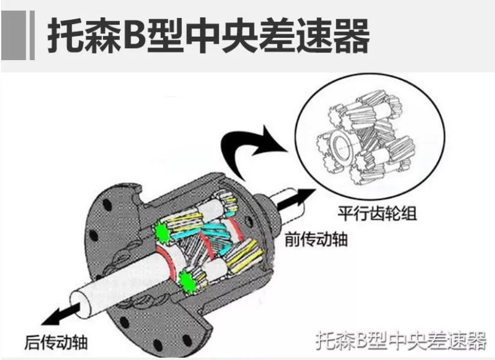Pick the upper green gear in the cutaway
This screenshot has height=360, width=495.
click(x=162, y=231)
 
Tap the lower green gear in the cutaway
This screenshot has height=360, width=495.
click(x=188, y=280)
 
